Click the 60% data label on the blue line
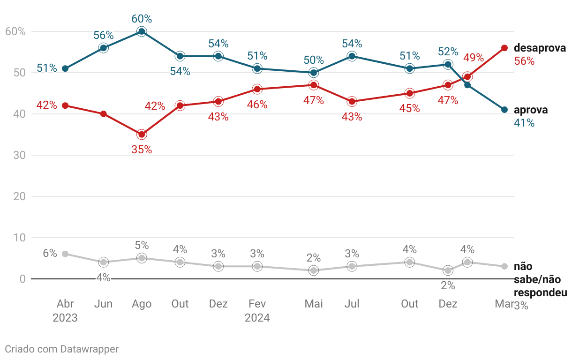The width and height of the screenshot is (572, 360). coord(142,19)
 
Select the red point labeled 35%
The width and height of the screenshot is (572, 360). coord(142,135)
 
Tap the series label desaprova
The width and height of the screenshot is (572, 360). coord(540,48)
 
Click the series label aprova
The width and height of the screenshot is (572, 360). coord(531,110)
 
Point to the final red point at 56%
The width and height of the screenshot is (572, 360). coord(504,48)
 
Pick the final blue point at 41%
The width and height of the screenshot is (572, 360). coord(504,110)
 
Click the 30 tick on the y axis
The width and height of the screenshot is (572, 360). coord(19,155)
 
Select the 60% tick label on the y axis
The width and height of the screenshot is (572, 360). coord(15,31)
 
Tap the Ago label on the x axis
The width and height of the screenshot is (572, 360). coord(142,304)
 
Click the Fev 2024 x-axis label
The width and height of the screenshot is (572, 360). coord(257,311)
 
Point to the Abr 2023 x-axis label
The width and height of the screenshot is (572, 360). coord(65,311)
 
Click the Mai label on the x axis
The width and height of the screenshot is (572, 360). coord(314,304)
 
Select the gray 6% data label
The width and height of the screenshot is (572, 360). coord(50,254)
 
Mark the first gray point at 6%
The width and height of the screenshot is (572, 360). coord(65,254)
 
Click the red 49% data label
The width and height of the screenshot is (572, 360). coord(474,58)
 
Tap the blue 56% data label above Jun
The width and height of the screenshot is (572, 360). coord(104,35)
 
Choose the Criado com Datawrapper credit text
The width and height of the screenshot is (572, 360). coord(61,349)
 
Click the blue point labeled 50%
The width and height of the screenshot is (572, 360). coord(314,73)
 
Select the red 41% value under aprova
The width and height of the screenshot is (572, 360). coord(524,123)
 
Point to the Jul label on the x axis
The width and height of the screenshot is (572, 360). coord(352,304)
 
